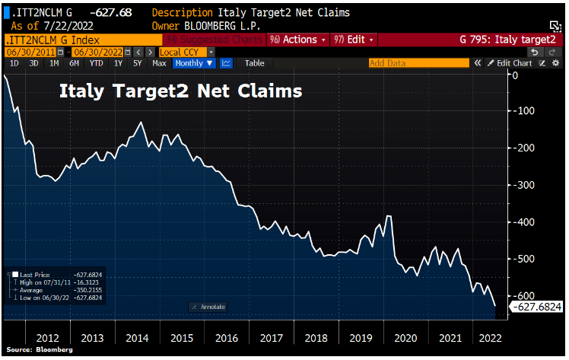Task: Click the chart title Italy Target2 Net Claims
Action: point(181,92)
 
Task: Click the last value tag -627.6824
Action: point(535,306)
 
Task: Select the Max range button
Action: point(159,63)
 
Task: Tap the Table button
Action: point(255,63)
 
